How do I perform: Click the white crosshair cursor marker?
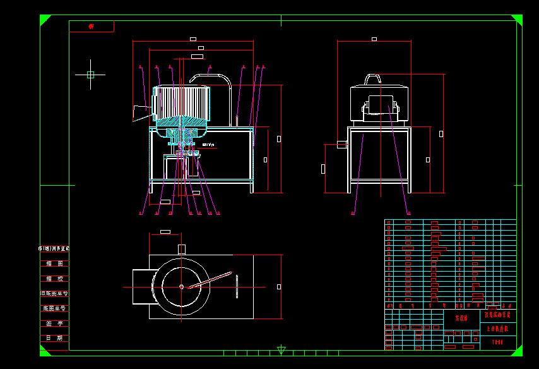[x=90, y=75]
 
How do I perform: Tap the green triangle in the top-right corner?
[x=518, y=19]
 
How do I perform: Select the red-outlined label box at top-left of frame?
[x=92, y=27]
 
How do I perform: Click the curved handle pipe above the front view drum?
[x=211, y=76]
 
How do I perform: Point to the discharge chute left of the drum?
[x=139, y=112]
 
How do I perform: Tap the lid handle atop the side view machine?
[x=374, y=78]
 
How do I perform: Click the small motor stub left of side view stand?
[x=343, y=144]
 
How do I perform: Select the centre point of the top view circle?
[x=182, y=287]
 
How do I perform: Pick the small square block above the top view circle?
[x=182, y=248]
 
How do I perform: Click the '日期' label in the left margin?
[x=55, y=338]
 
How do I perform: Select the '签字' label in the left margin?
[x=55, y=323]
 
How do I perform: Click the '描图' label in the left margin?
[x=55, y=263]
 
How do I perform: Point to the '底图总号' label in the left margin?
[x=55, y=308]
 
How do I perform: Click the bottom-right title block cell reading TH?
[x=498, y=342]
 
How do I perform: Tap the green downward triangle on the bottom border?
[x=281, y=350]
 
